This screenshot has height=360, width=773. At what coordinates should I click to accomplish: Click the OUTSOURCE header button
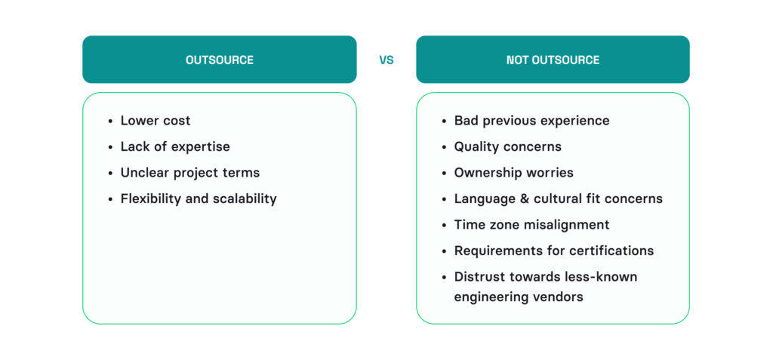[x=219, y=60]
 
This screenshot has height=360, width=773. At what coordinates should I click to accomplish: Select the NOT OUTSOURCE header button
[x=553, y=60]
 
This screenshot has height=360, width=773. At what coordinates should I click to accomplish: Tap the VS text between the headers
[x=386, y=60]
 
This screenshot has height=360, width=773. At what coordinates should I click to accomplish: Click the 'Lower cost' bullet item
[x=156, y=121]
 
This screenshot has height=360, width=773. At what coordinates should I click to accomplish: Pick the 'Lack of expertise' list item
[x=175, y=146]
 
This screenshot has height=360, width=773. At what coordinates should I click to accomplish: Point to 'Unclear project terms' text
[x=189, y=173]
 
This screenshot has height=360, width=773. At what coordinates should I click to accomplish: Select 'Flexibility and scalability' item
[x=199, y=199]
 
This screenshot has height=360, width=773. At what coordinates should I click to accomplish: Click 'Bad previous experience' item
[x=531, y=121]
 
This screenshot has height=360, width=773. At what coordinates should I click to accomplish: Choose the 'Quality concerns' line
[x=507, y=146]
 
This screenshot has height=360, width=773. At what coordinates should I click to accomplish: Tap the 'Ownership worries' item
[x=513, y=173]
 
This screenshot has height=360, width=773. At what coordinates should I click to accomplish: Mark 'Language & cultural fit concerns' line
[x=558, y=199]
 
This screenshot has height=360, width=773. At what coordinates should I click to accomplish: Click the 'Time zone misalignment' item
[x=531, y=225]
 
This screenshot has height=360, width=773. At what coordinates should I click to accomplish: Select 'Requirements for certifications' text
[x=553, y=251]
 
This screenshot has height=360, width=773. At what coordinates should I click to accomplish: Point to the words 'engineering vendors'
[x=518, y=297]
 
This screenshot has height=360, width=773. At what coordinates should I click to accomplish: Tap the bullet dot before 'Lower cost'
[x=111, y=122]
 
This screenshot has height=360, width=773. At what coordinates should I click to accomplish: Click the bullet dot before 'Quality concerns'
[x=445, y=147]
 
